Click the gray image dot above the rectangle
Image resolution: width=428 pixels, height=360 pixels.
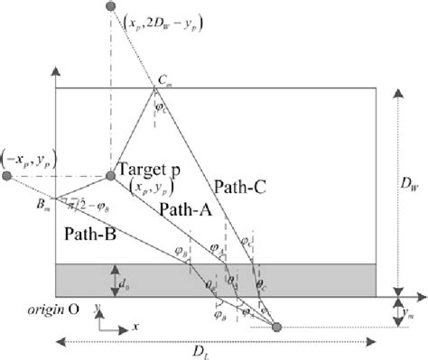click(111, 6)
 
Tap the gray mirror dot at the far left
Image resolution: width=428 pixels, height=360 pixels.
click(7, 175)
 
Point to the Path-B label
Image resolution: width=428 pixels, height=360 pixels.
click(89, 232)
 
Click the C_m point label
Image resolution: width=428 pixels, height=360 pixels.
click(164, 81)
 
